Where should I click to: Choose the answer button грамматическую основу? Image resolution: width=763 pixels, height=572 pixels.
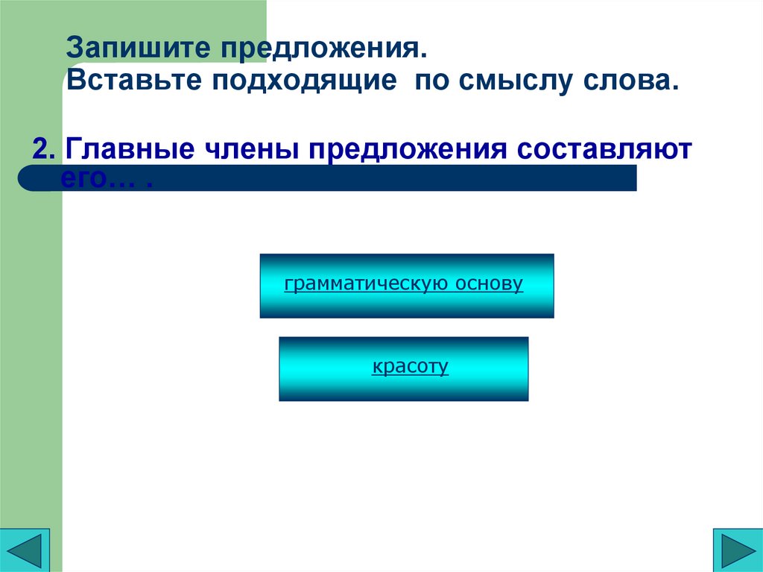click(407, 286)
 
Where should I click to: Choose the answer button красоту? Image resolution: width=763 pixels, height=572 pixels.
click(404, 368)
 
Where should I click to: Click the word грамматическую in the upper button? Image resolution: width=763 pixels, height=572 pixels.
click(365, 284)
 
